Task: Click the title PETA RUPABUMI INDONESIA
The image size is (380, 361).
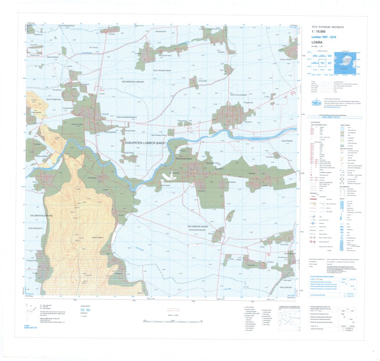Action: tap(328, 27)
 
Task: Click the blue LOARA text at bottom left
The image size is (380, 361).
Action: tap(29, 324)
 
